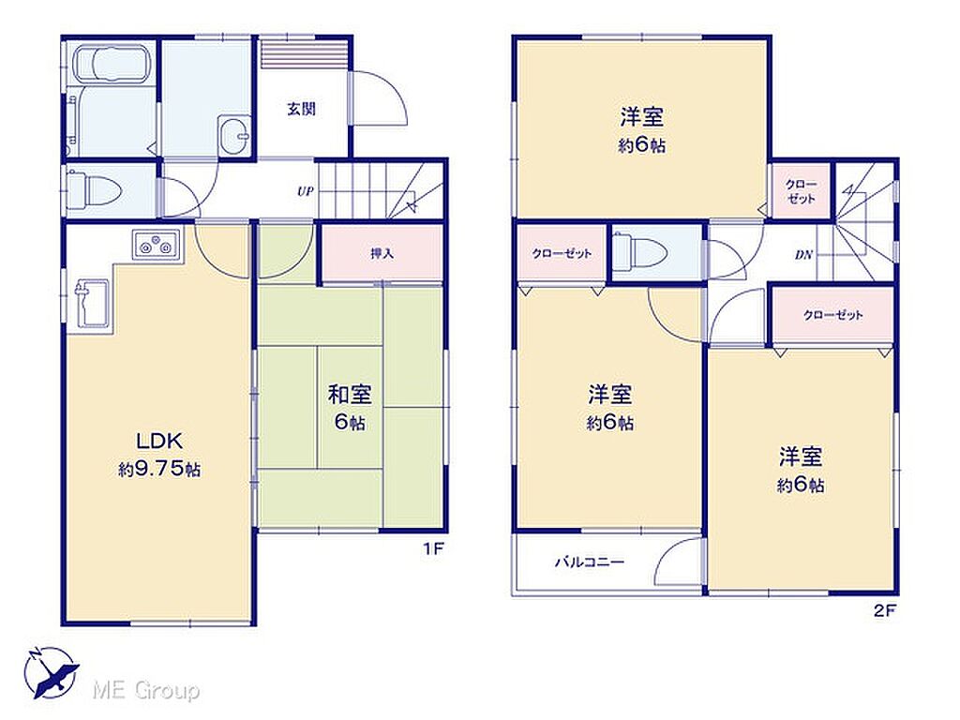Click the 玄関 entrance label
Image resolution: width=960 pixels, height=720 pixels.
pos(301,110)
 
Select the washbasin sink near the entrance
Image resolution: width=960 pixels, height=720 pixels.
pos(233,134)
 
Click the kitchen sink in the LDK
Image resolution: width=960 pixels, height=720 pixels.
pos(93,305)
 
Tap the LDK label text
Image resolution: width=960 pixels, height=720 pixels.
pos(159,441)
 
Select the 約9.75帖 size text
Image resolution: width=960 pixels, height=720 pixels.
pos(159,470)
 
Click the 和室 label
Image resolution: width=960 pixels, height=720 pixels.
pos(350,395)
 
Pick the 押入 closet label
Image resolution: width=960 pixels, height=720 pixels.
pos(382,253)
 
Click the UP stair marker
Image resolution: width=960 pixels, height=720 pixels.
pos(305,191)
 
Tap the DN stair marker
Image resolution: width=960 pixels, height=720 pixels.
pos(803,255)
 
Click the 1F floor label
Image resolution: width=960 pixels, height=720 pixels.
pos(432,548)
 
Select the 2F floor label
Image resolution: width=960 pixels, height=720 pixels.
pos(884,609)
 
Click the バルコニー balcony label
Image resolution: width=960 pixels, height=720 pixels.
pos(589,562)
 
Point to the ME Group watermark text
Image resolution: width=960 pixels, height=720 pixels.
pos(145,691)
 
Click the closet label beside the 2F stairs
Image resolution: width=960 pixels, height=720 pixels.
pos(801,191)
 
